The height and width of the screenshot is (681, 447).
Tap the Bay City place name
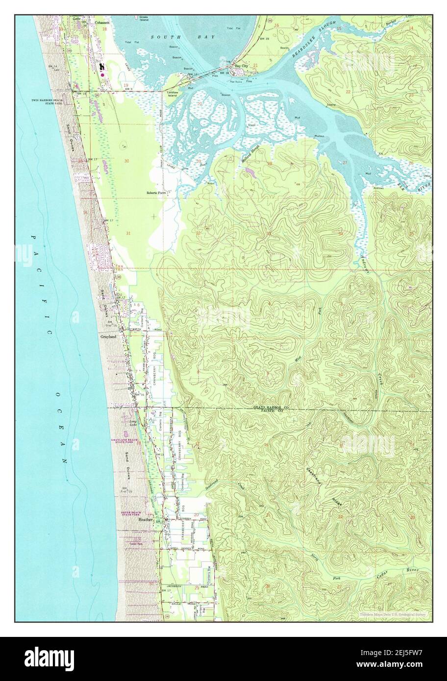[241, 65]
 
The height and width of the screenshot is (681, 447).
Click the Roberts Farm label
[156, 193]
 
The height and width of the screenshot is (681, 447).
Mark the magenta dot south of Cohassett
[102, 75]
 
